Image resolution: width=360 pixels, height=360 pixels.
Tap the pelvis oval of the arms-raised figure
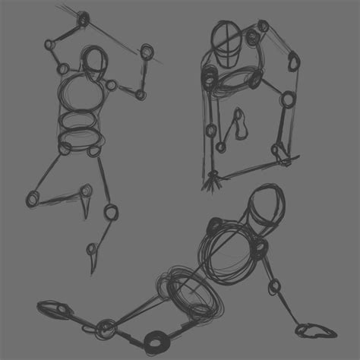(x=79, y=137)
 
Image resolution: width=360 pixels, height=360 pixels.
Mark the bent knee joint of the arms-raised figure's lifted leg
(x=32, y=198)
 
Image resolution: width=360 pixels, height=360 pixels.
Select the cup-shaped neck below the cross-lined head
(x=226, y=56)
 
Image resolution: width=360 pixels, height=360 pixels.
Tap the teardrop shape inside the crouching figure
(x=242, y=125)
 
